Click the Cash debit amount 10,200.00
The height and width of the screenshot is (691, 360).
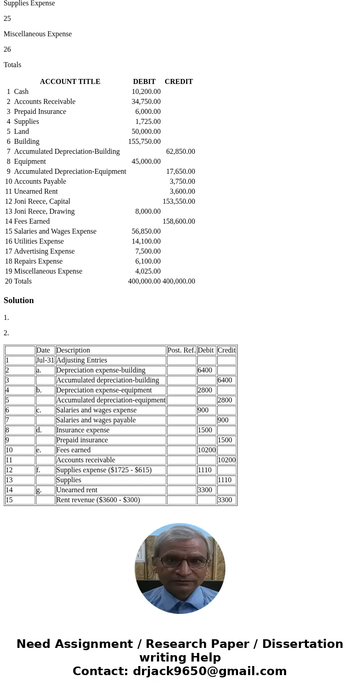146,92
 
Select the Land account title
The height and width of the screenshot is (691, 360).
21,132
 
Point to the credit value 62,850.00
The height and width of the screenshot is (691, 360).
180,152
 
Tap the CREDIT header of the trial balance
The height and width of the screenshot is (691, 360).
179,82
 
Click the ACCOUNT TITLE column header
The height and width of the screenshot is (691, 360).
70,82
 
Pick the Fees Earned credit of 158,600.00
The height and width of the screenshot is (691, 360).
179,221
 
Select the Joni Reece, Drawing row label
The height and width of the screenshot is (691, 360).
44,211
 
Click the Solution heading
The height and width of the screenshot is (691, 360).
19,300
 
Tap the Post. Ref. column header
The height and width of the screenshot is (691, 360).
181,350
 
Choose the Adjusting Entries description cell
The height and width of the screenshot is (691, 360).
82,360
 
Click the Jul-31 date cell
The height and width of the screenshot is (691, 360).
45,360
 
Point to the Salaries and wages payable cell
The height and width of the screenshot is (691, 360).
96,420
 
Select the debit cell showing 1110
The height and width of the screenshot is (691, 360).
205,470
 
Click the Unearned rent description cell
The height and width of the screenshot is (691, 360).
77,490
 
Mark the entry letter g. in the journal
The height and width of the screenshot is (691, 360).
39,490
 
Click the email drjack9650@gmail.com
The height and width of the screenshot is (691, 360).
209,671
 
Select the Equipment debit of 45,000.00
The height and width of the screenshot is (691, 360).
146,162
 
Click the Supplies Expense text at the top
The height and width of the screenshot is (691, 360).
29,4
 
